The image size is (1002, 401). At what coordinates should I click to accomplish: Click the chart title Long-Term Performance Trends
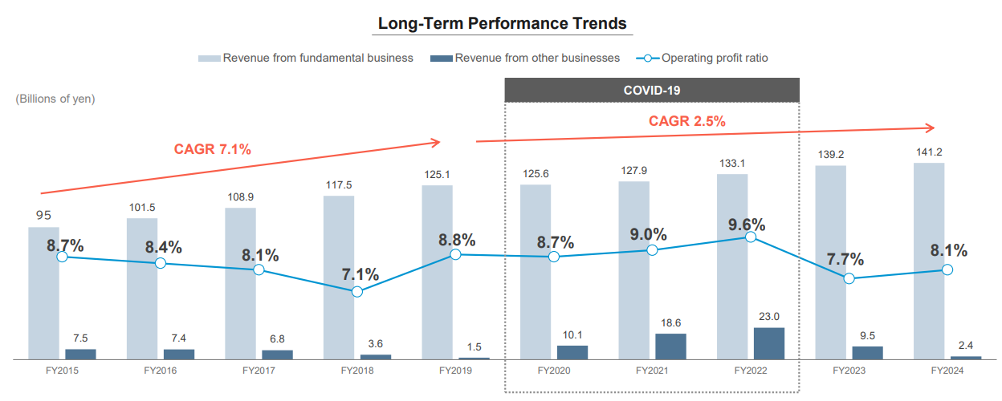[502, 23]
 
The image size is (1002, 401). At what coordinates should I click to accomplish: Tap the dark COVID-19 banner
[651, 90]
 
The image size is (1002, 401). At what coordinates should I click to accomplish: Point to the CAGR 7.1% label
[213, 148]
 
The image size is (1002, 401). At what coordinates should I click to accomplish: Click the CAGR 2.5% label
[686, 121]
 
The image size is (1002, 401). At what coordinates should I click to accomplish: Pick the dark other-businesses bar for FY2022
[768, 342]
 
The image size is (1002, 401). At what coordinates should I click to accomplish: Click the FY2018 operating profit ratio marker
[357, 292]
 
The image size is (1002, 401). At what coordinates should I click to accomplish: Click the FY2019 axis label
[455, 371]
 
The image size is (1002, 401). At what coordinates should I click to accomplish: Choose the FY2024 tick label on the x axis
[947, 371]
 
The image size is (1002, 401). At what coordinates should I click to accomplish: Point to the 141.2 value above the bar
[929, 152]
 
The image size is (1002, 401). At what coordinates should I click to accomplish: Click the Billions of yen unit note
[55, 99]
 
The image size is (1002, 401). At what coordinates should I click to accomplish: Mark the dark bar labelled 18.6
[670, 346]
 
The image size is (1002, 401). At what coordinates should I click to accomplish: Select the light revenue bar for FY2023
[830, 261]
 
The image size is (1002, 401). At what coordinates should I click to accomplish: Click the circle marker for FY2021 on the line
[652, 250]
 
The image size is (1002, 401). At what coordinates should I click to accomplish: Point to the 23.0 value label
[768, 316]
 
